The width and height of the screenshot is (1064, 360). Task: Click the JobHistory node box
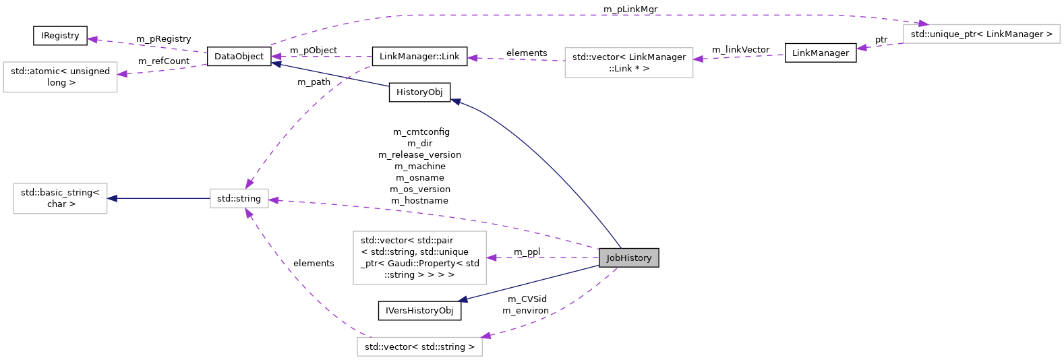[x=628, y=258]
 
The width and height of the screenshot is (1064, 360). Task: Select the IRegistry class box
[x=60, y=36]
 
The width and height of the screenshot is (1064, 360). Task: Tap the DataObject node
[x=239, y=57]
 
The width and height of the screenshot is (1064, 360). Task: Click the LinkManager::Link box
[x=419, y=57]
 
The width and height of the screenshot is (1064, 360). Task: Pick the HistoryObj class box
[x=419, y=92]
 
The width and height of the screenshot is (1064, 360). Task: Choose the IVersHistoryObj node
[x=419, y=311]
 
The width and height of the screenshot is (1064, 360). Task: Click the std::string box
[x=239, y=198]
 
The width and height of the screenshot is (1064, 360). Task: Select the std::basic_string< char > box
[x=60, y=198]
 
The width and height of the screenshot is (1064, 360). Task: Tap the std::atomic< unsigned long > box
[x=60, y=77]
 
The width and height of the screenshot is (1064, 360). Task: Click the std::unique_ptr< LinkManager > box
[x=981, y=34]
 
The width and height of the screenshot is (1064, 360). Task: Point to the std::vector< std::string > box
[x=419, y=347]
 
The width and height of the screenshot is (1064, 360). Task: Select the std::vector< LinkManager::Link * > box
[x=628, y=63]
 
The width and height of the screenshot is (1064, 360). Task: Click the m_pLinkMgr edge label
[x=630, y=9]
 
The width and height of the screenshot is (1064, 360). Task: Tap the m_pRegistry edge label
[x=163, y=39]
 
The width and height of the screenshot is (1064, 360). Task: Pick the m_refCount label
[x=164, y=61]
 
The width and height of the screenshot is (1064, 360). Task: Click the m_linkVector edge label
[x=740, y=50]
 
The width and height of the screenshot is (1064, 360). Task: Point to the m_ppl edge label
[x=527, y=252]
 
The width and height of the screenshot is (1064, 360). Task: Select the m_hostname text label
[x=419, y=201]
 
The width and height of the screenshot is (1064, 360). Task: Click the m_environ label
[x=525, y=311]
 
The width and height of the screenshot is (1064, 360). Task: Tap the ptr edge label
[x=881, y=40]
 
